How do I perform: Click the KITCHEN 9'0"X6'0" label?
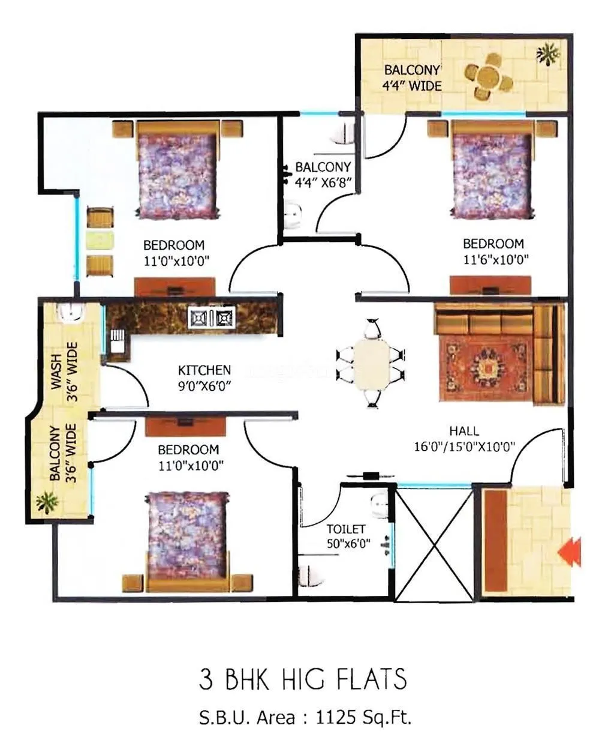tap(204, 378)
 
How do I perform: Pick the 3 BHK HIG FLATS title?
tap(303, 679)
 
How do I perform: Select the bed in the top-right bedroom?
tap(490, 170)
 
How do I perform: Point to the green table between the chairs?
tap(100, 241)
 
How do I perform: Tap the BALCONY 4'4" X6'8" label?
tap(323, 174)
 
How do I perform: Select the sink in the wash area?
tap(73, 312)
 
